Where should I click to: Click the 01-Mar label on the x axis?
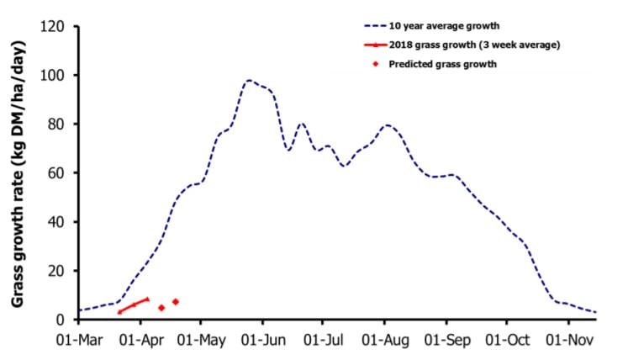pos(79,344)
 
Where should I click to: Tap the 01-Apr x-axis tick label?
pos(140,344)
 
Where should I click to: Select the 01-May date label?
pos(201,344)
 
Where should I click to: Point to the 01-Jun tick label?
pos(262,344)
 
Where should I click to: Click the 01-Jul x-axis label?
pos(323,344)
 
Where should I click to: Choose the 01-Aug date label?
pos(385,344)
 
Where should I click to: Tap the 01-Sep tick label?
pos(446,344)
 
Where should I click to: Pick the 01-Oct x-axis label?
pos(507,344)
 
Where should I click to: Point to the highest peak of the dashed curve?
pos(249,81)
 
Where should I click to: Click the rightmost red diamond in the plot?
pos(176,302)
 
